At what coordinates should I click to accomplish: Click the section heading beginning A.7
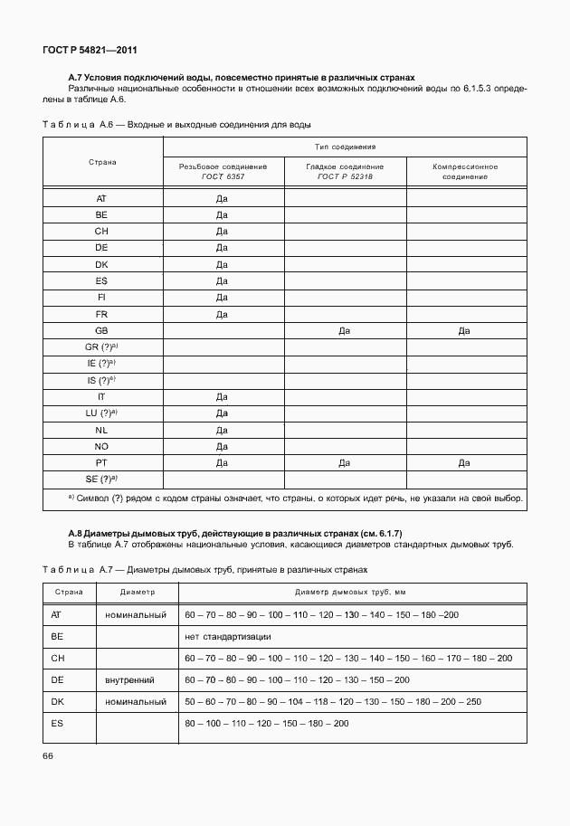(242, 79)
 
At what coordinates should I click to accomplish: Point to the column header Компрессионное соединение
(465, 171)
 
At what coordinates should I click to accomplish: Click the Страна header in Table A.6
(101, 162)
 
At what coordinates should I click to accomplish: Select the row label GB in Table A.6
(101, 331)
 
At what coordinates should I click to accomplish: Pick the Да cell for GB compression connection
(465, 331)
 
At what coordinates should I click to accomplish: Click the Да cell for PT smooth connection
(344, 462)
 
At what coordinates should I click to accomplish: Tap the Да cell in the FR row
(222, 315)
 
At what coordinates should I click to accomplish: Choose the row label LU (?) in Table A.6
(101, 413)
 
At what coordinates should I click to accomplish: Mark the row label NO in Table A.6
(101, 446)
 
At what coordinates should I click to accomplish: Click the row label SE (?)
(101, 479)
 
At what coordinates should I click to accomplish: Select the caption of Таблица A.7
(206, 570)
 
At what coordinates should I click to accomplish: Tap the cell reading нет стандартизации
(227, 636)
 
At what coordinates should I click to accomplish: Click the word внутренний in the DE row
(129, 679)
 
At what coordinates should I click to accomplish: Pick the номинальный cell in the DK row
(135, 701)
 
